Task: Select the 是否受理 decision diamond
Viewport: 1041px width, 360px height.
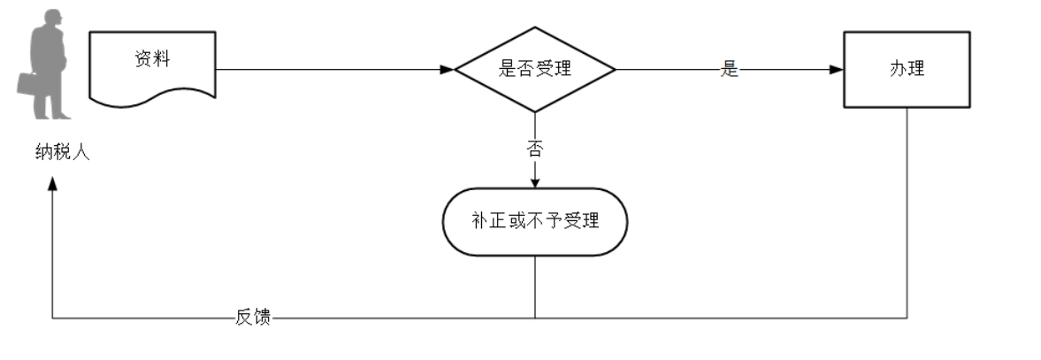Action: click(x=534, y=69)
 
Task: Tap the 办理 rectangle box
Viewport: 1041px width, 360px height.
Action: click(x=907, y=69)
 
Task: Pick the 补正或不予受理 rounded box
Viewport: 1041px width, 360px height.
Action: click(x=534, y=221)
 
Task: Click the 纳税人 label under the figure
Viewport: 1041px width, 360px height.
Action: click(x=57, y=152)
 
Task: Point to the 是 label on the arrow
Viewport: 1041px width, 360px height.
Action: click(x=729, y=70)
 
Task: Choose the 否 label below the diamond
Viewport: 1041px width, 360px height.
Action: click(x=534, y=149)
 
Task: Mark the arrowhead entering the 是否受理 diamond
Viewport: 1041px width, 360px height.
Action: click(x=448, y=69)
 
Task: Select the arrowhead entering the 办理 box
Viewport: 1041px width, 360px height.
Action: click(x=837, y=69)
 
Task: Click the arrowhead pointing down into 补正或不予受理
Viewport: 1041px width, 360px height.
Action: click(x=534, y=182)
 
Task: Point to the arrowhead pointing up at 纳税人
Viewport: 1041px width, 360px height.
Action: click(x=53, y=181)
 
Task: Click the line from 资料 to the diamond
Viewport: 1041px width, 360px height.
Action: click(x=327, y=69)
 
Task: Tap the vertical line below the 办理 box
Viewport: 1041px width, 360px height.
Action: click(x=907, y=212)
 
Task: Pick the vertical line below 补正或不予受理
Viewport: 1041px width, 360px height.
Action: click(x=535, y=287)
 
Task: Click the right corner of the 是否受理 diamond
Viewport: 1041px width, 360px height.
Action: click(x=613, y=69)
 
